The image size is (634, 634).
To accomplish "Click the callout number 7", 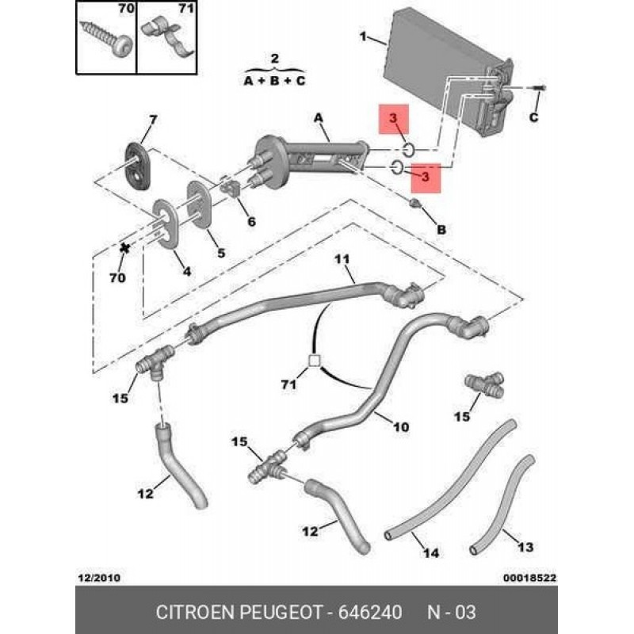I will [154, 120].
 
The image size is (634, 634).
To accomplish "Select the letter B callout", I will [441, 229].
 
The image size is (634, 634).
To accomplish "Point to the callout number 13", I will [525, 547].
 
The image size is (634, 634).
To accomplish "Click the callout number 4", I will [187, 271].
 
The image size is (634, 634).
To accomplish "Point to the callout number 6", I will [251, 221].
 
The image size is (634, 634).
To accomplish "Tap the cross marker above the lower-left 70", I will [124, 248].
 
